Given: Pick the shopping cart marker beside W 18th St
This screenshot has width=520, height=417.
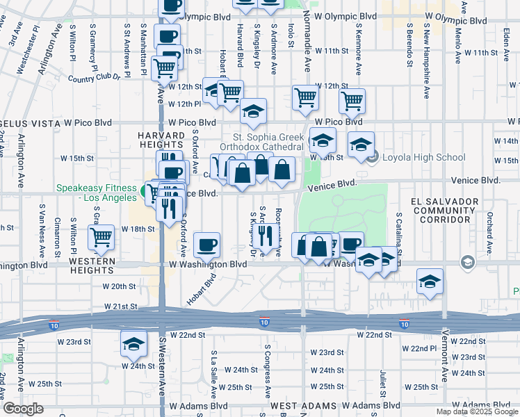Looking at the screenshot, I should (x=101, y=237).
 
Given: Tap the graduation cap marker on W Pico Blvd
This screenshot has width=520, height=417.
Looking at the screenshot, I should (x=253, y=111).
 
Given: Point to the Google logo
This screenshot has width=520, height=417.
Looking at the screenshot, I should (x=24, y=409).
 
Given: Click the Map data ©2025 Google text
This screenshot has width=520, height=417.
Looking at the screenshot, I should (x=478, y=411).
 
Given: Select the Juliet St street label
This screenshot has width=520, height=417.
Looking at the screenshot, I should (x=382, y=379).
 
